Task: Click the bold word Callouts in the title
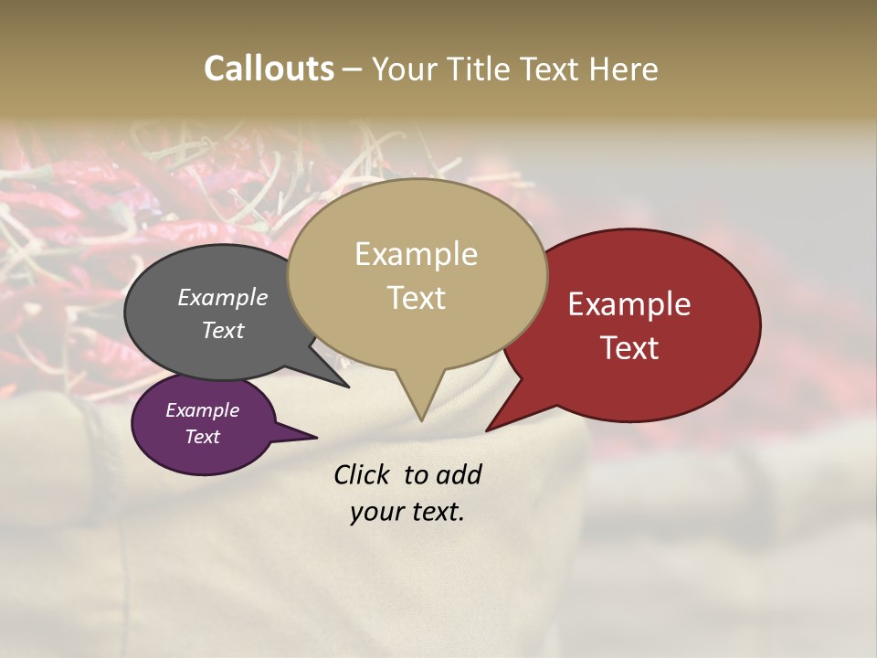[269, 69]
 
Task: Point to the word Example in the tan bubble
[416, 254]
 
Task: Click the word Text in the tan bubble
[416, 298]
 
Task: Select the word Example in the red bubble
[629, 304]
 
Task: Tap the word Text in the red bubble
[629, 348]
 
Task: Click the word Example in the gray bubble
[223, 298]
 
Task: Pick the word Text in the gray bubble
[223, 330]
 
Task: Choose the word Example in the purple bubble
[202, 410]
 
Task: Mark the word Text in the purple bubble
[202, 437]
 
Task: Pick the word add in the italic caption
[460, 474]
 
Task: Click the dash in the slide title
[353, 69]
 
